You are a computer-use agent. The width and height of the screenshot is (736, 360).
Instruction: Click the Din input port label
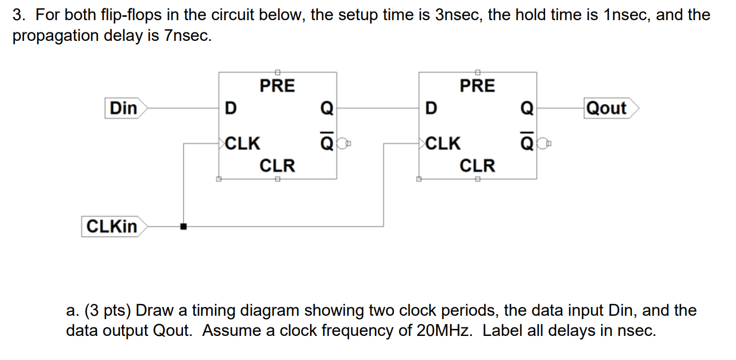124,108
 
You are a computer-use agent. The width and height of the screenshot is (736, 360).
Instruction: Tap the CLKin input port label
112,227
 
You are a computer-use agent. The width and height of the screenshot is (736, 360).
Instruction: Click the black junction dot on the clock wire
182,227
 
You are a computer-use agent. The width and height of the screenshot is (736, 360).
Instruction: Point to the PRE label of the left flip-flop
277,86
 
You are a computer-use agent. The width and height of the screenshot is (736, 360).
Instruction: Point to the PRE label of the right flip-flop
477,86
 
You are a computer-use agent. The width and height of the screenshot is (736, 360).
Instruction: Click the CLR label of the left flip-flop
277,166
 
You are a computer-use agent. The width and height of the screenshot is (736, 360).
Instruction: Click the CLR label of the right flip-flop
477,166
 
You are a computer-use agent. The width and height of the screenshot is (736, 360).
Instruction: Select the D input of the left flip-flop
229,108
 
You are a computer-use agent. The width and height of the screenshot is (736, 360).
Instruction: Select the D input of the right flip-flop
429,108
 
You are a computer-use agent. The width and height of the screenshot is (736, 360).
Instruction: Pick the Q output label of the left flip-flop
326,108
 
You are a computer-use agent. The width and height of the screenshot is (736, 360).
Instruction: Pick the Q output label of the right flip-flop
527,108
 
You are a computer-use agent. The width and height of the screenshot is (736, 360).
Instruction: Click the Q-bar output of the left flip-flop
326,143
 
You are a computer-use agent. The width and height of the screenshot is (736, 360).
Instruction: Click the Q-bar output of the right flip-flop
527,143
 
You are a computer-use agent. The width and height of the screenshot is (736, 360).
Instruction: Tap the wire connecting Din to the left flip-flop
182,108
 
